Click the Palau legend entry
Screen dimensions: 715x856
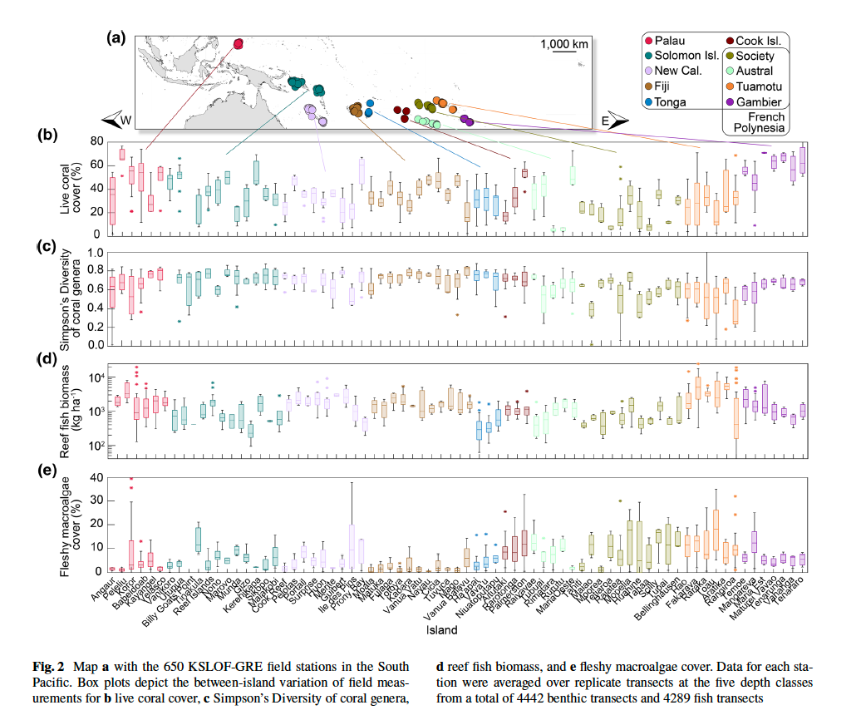[x=670, y=41]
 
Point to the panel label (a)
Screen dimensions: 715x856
[x=116, y=36]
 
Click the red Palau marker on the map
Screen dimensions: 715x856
[x=238, y=44]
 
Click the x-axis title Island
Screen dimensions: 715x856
[x=442, y=630]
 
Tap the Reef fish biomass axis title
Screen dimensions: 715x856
[x=66, y=404]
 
